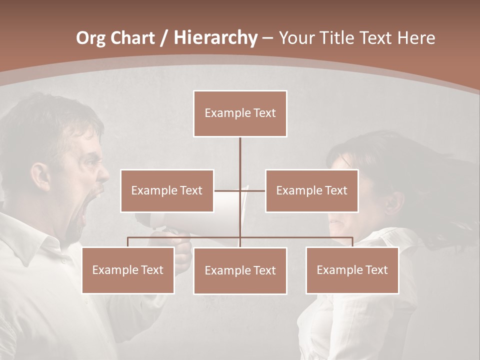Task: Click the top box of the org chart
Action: [x=240, y=113]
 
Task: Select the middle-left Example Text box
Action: [x=167, y=190]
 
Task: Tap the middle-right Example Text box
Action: [x=311, y=190]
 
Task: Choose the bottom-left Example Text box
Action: [x=128, y=270]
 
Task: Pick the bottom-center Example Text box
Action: [x=240, y=270]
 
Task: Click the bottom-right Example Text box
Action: [x=352, y=270]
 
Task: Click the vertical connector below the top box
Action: [x=240, y=160]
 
